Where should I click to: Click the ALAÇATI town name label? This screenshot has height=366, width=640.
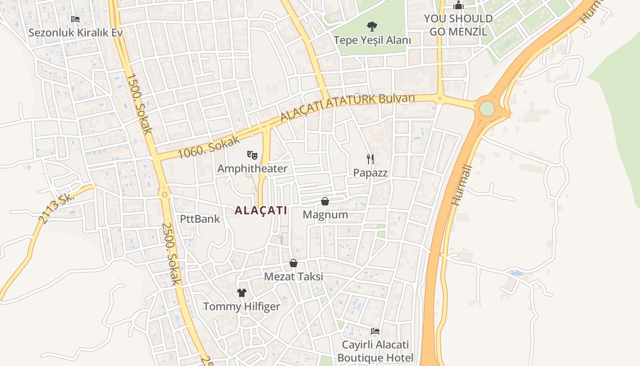261,210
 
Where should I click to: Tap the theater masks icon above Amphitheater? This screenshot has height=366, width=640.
252,155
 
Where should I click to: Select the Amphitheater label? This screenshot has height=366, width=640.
252,168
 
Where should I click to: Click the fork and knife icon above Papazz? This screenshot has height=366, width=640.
370,159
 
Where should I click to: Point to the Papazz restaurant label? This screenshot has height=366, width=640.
370,173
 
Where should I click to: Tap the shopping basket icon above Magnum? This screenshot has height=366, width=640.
325,201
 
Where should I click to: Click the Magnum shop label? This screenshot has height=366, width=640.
325,215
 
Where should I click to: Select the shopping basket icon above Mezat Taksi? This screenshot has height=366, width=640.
293,263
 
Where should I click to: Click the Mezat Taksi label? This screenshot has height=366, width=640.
293,276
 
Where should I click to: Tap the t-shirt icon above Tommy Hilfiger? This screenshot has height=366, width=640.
241,293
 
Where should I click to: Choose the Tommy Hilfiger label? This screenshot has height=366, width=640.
241,306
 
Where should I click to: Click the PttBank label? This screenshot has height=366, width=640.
200,219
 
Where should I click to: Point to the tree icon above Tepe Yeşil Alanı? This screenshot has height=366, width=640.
372,27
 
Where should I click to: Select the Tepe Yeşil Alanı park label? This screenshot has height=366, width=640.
372,40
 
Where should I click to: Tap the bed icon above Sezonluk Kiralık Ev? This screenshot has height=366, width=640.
75,19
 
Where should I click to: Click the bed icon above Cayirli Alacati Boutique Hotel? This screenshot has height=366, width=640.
375,331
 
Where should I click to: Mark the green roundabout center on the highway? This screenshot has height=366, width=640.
487,109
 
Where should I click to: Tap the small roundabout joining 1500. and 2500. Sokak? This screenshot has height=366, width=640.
165,194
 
